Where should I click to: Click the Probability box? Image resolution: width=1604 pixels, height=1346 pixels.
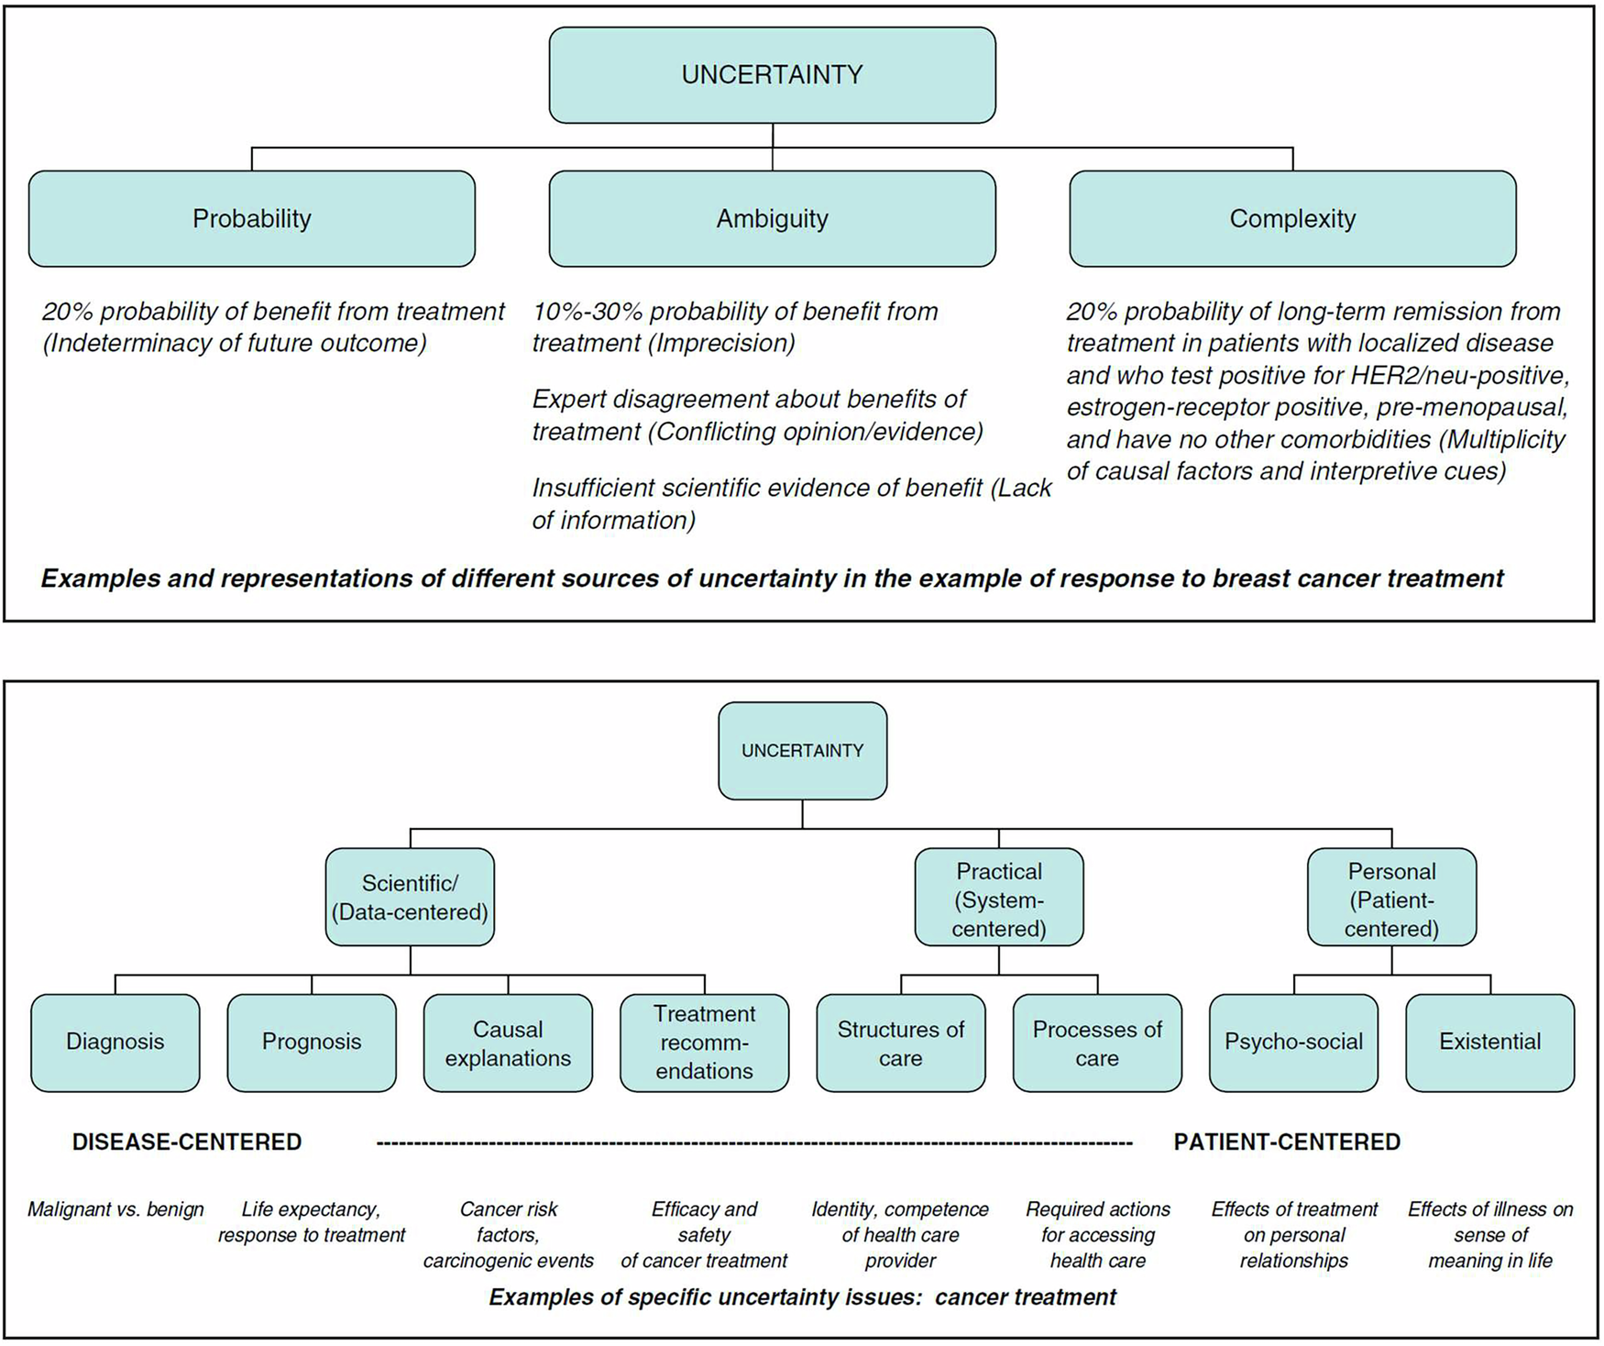click(252, 218)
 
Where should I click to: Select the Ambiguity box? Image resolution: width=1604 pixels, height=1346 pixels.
click(772, 218)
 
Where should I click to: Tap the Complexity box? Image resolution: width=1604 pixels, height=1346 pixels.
click(1292, 218)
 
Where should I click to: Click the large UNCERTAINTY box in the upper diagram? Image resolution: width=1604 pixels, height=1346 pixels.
click(772, 74)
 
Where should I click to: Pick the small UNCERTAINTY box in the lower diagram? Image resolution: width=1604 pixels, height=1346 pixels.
click(802, 750)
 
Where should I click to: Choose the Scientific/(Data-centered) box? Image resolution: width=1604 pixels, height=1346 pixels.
click(410, 897)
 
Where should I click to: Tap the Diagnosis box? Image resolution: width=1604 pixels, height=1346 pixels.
click(115, 1042)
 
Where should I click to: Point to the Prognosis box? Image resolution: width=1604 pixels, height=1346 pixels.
click(312, 1042)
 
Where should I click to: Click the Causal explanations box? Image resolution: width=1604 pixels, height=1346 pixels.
click(508, 1043)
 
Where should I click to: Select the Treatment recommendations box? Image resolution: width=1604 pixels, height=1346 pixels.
click(704, 1043)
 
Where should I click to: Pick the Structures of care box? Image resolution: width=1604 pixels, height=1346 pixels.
click(901, 1043)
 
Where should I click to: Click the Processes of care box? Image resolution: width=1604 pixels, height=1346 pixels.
click(1097, 1043)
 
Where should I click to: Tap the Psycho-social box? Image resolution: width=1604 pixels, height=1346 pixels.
click(1293, 1042)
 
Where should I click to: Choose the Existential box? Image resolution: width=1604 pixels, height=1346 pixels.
click(1489, 1042)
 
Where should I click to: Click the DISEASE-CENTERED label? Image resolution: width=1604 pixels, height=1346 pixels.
click(187, 1142)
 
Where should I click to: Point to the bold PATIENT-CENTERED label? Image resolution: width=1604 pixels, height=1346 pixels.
click(1287, 1142)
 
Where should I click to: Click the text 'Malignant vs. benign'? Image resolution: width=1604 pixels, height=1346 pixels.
click(115, 1209)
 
